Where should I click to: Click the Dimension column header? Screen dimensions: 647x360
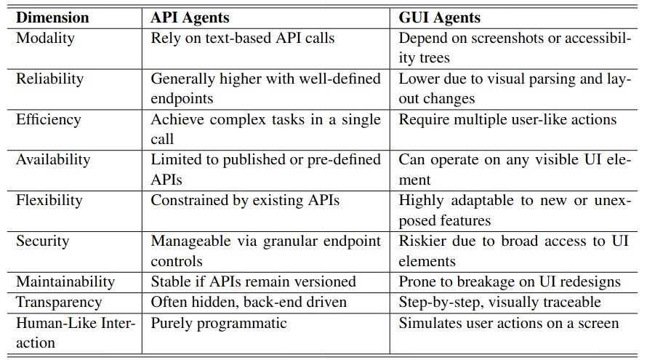(52, 17)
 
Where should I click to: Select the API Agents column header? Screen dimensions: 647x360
(190, 18)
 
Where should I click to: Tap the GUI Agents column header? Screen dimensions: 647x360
(439, 18)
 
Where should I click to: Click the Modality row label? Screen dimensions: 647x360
(45, 38)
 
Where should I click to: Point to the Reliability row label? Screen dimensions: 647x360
(50, 79)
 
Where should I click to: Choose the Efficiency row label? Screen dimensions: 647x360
(49, 119)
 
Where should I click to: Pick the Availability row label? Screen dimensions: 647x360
(53, 160)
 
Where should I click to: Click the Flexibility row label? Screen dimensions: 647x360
(49, 201)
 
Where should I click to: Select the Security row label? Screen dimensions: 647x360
(42, 241)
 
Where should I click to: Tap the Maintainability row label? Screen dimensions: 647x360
(65, 282)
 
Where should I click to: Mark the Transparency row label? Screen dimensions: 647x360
(59, 303)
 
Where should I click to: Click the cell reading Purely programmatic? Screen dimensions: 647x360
(219, 323)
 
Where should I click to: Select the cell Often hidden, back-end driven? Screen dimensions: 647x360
(249, 303)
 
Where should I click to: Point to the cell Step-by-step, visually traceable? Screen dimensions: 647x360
(499, 303)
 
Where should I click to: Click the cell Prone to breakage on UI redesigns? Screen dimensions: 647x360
(510, 282)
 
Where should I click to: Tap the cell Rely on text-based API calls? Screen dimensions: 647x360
(243, 38)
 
